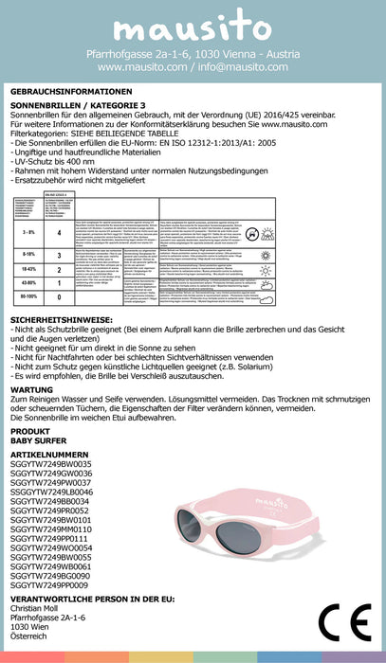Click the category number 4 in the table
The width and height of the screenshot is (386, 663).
[x=60, y=232]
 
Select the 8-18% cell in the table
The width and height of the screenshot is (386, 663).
[x=28, y=255]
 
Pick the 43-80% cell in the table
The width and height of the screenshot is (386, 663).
[x=28, y=282]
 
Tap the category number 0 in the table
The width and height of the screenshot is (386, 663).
[x=60, y=296]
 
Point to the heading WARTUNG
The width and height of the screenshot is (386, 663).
[x=32, y=388]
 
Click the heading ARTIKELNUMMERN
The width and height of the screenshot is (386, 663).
[x=51, y=455]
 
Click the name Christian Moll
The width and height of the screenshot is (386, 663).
[x=38, y=609]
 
